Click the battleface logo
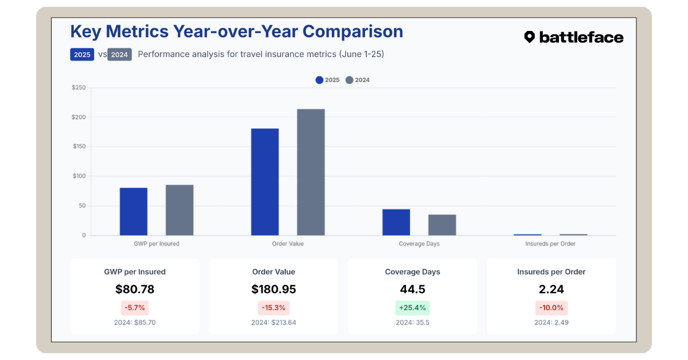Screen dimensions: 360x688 tap(573, 37)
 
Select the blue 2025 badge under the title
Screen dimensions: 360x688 tap(82, 55)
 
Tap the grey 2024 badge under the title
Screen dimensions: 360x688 tap(119, 55)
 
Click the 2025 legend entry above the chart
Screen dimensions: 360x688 tap(327, 80)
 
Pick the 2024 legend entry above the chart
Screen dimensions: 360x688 tap(358, 80)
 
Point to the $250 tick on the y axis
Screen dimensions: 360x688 tap(79, 88)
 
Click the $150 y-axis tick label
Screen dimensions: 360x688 tap(79, 147)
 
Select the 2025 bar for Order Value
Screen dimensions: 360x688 tap(265, 182)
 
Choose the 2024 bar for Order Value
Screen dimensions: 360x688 tap(311, 172)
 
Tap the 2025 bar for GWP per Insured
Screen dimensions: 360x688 tap(134, 212)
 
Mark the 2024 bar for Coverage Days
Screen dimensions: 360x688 tap(442, 225)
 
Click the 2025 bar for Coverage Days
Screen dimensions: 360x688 tap(396, 222)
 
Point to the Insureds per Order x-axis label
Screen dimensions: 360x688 tap(550, 244)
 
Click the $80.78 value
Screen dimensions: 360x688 tap(135, 289)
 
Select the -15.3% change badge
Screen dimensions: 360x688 tap(273, 308)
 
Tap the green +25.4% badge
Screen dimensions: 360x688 tap(412, 308)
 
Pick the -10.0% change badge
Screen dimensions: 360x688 tap(551, 308)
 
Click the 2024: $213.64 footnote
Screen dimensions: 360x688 tap(273, 323)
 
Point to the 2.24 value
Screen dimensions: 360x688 tap(551, 289)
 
